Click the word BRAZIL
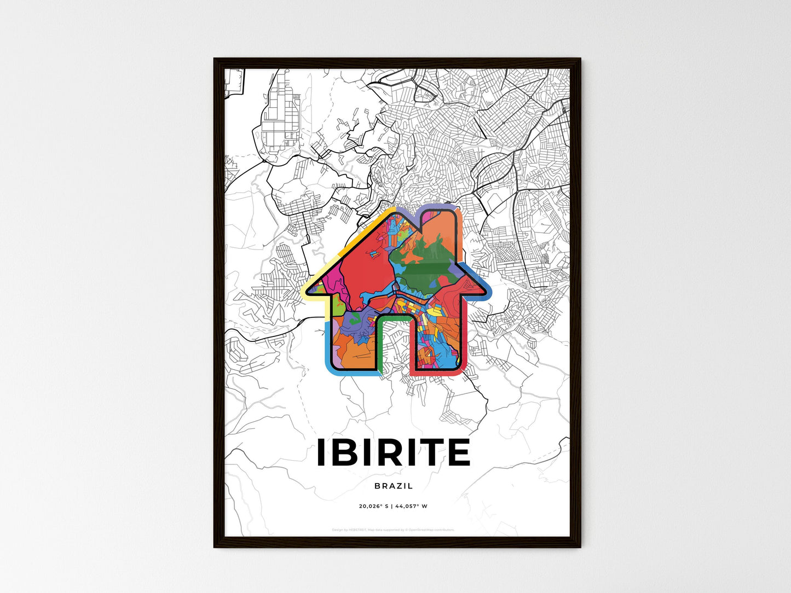[x=394, y=486]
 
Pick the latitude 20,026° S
[x=373, y=506]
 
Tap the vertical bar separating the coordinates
[x=391, y=506]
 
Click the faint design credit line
[x=393, y=530]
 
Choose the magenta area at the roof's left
[x=334, y=282]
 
